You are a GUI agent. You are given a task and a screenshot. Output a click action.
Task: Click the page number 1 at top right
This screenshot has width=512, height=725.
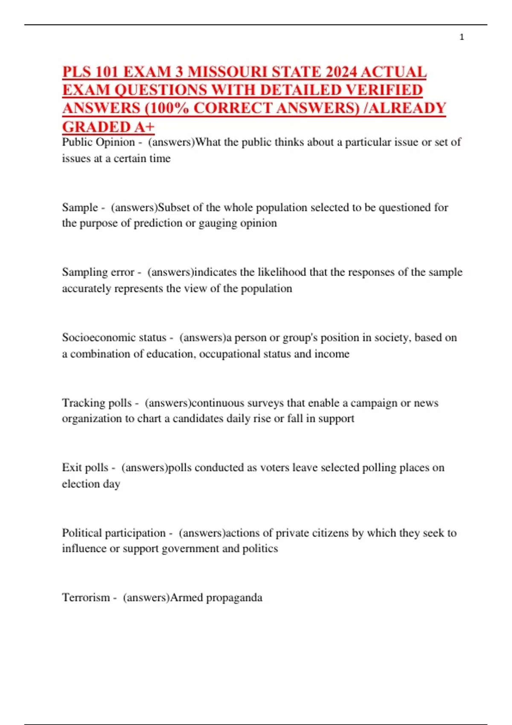click(462, 38)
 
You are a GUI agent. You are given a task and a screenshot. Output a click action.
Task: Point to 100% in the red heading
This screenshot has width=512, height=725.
click(170, 108)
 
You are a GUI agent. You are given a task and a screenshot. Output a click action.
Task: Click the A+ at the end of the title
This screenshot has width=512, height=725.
click(145, 127)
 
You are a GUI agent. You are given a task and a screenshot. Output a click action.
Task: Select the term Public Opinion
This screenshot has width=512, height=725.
click(98, 142)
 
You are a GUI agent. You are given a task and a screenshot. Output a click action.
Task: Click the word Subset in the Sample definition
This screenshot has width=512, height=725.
click(174, 207)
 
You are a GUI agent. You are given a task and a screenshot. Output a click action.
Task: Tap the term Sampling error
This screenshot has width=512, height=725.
click(98, 272)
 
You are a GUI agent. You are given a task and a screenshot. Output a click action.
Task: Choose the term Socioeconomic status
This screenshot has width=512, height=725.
click(114, 337)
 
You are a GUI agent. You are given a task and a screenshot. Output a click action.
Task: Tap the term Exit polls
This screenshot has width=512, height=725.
click(85, 467)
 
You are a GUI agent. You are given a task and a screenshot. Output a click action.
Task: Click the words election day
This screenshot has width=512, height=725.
click(91, 484)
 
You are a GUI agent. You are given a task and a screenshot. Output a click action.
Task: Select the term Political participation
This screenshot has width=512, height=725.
click(113, 533)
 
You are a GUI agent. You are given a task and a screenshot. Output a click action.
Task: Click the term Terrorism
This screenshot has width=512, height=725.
click(86, 597)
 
